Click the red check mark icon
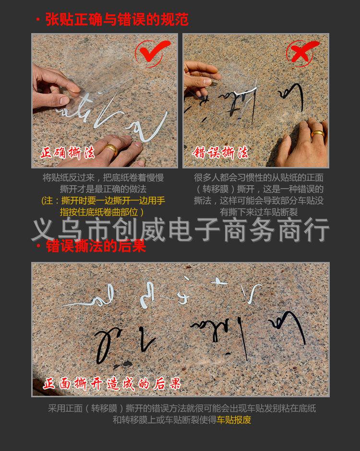click(x=152, y=52)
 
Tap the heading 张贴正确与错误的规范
click(x=117, y=19)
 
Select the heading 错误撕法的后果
click(x=96, y=247)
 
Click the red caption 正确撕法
click(x=68, y=154)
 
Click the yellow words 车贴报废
click(x=234, y=420)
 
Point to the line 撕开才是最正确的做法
click(x=103, y=189)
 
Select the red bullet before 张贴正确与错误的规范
click(x=38, y=20)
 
